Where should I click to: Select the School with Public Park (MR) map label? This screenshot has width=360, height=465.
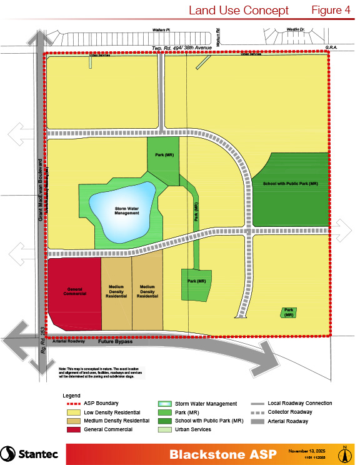pos(291,184)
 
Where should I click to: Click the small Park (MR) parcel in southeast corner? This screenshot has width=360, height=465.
pos(288,312)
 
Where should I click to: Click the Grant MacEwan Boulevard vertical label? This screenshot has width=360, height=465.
pos(39,187)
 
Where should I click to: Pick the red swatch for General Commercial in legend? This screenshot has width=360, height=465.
pos(72,429)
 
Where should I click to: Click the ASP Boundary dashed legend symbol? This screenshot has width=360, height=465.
pos(72,404)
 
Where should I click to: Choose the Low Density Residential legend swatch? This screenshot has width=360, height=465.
pos(72,412)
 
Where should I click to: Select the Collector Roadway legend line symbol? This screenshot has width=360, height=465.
pos(264,412)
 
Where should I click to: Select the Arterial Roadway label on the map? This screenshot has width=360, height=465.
pos(69,342)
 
